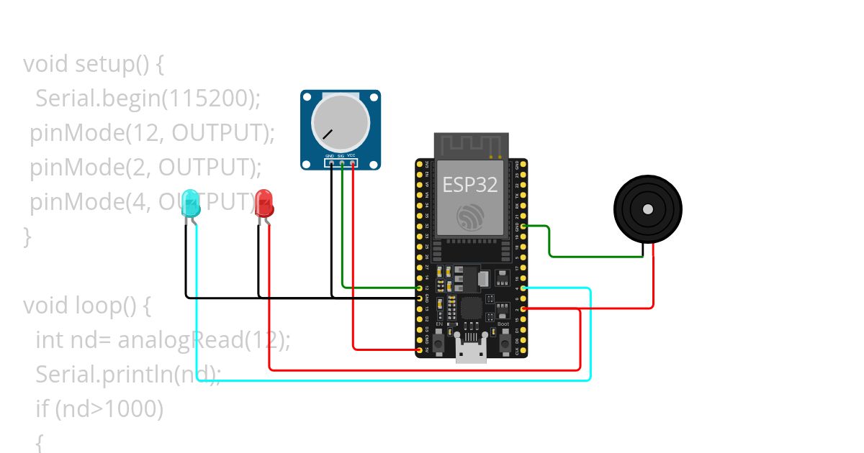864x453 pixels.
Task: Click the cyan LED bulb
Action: (x=191, y=203)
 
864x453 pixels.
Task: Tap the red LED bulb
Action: (x=264, y=203)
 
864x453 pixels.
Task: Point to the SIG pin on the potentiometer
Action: (x=341, y=163)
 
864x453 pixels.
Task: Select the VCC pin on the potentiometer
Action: (x=351, y=163)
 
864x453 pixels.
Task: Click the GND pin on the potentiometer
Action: (x=330, y=163)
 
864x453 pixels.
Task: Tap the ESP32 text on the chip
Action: (x=469, y=185)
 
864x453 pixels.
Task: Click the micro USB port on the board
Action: (x=471, y=352)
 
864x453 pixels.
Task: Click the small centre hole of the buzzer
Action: (x=648, y=209)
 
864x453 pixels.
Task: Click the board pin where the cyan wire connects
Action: (x=523, y=288)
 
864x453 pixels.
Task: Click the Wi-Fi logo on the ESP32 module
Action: (x=471, y=216)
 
